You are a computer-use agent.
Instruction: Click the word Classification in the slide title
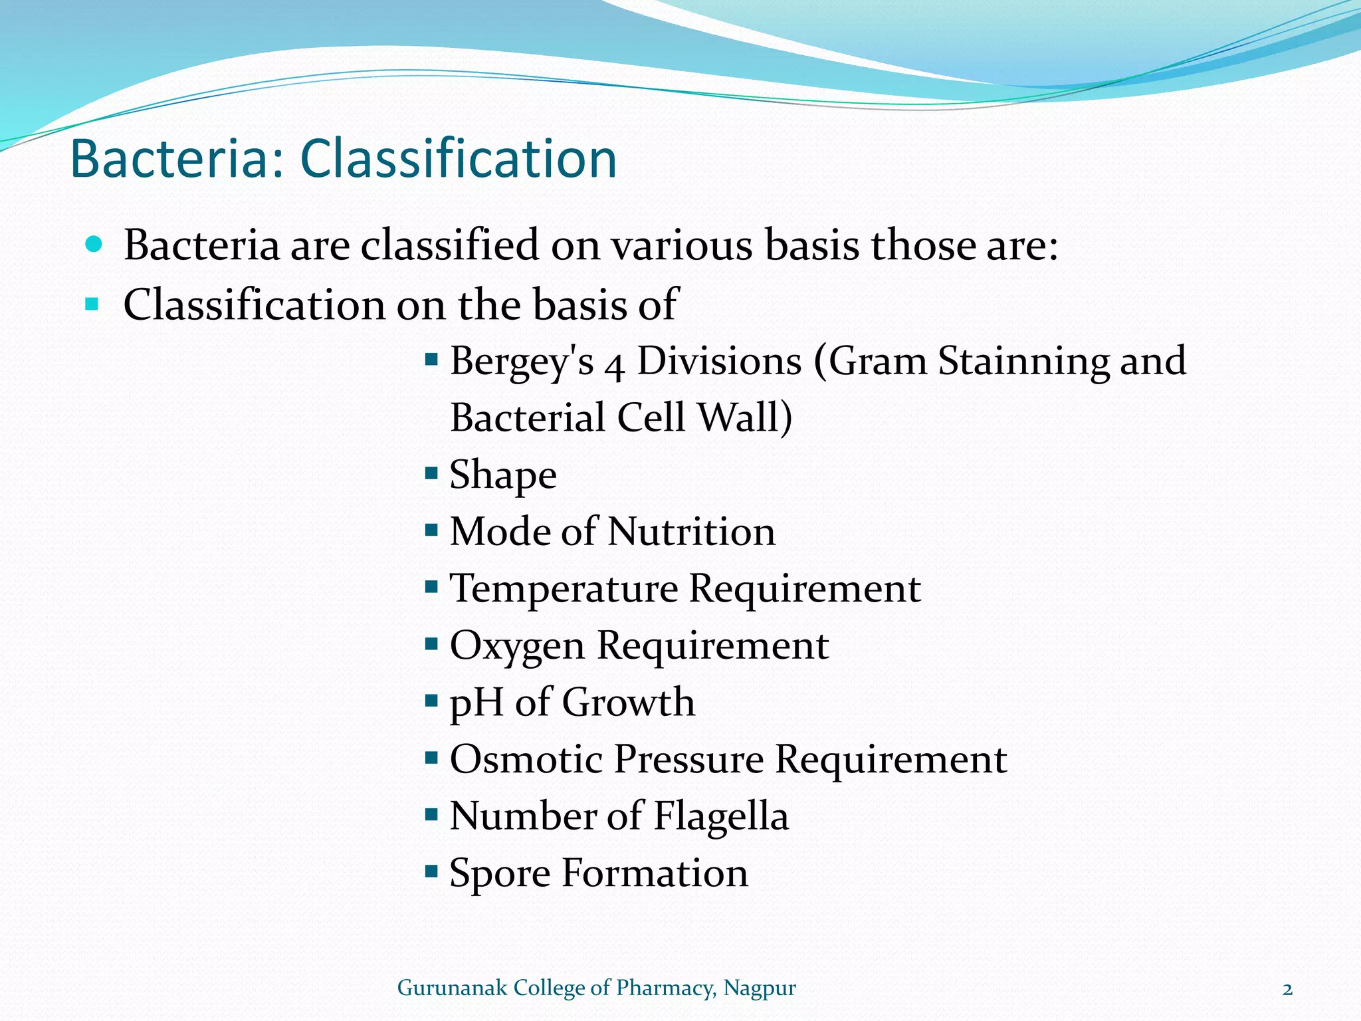(x=459, y=160)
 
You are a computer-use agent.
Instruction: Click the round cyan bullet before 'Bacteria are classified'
(x=94, y=244)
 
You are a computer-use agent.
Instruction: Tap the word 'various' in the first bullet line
(x=682, y=245)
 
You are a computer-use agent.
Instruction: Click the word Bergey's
(x=522, y=362)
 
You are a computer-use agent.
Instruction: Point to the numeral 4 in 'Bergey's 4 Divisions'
(x=615, y=366)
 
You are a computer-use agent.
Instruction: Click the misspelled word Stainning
(x=1023, y=362)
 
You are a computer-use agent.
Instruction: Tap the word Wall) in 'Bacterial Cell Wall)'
(x=744, y=418)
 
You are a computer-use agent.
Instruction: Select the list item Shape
(x=503, y=476)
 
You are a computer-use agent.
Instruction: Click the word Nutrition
(x=691, y=532)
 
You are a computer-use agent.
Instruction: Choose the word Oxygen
(x=516, y=647)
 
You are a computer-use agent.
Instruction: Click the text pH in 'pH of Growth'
(x=476, y=703)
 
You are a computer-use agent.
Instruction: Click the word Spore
(x=500, y=874)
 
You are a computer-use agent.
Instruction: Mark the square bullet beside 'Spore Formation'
(x=431, y=870)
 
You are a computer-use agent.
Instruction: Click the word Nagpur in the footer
(x=759, y=988)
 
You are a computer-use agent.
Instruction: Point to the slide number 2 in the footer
(x=1287, y=990)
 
